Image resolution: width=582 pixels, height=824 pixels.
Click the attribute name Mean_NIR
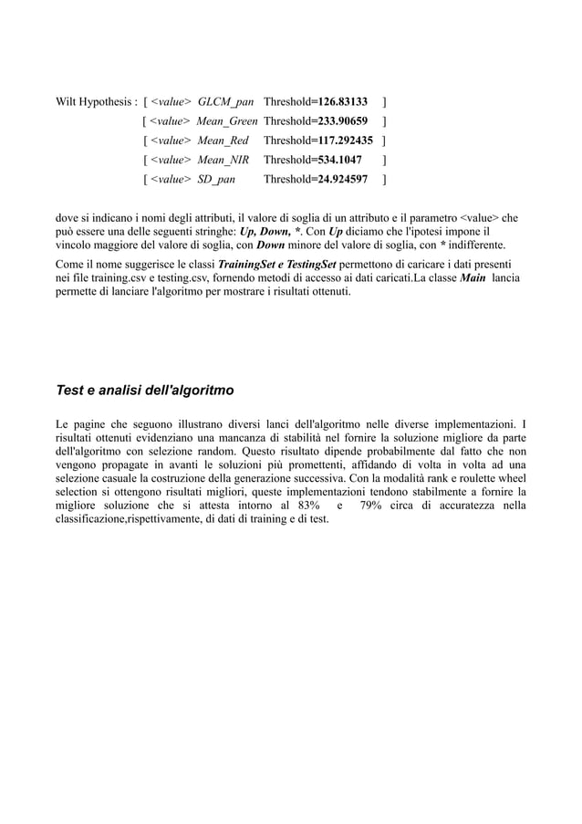pyautogui.click(x=223, y=160)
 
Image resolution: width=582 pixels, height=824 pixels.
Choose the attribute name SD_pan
pyautogui.click(x=216, y=180)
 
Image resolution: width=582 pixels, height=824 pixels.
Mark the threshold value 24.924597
pyautogui.click(x=340, y=180)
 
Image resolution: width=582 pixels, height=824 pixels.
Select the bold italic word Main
pyautogui.click(x=473, y=277)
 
